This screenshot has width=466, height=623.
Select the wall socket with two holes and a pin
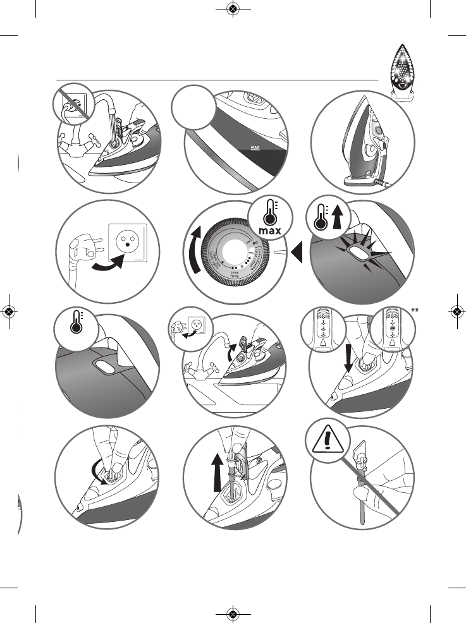(126, 241)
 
